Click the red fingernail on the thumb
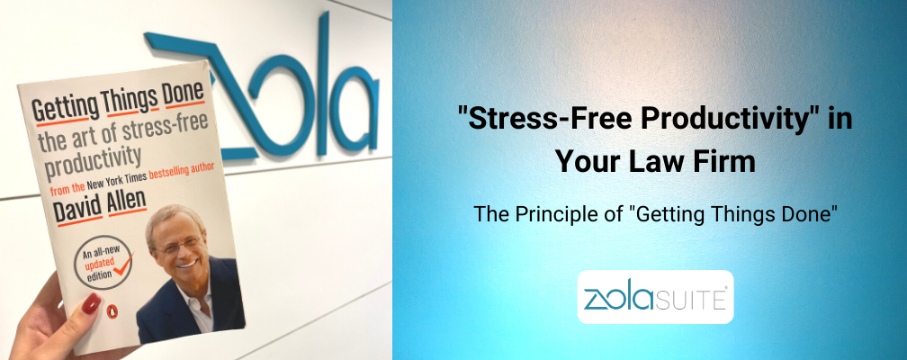pos(91,303)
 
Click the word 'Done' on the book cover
pos(183,94)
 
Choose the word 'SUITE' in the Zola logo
pos(697,301)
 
